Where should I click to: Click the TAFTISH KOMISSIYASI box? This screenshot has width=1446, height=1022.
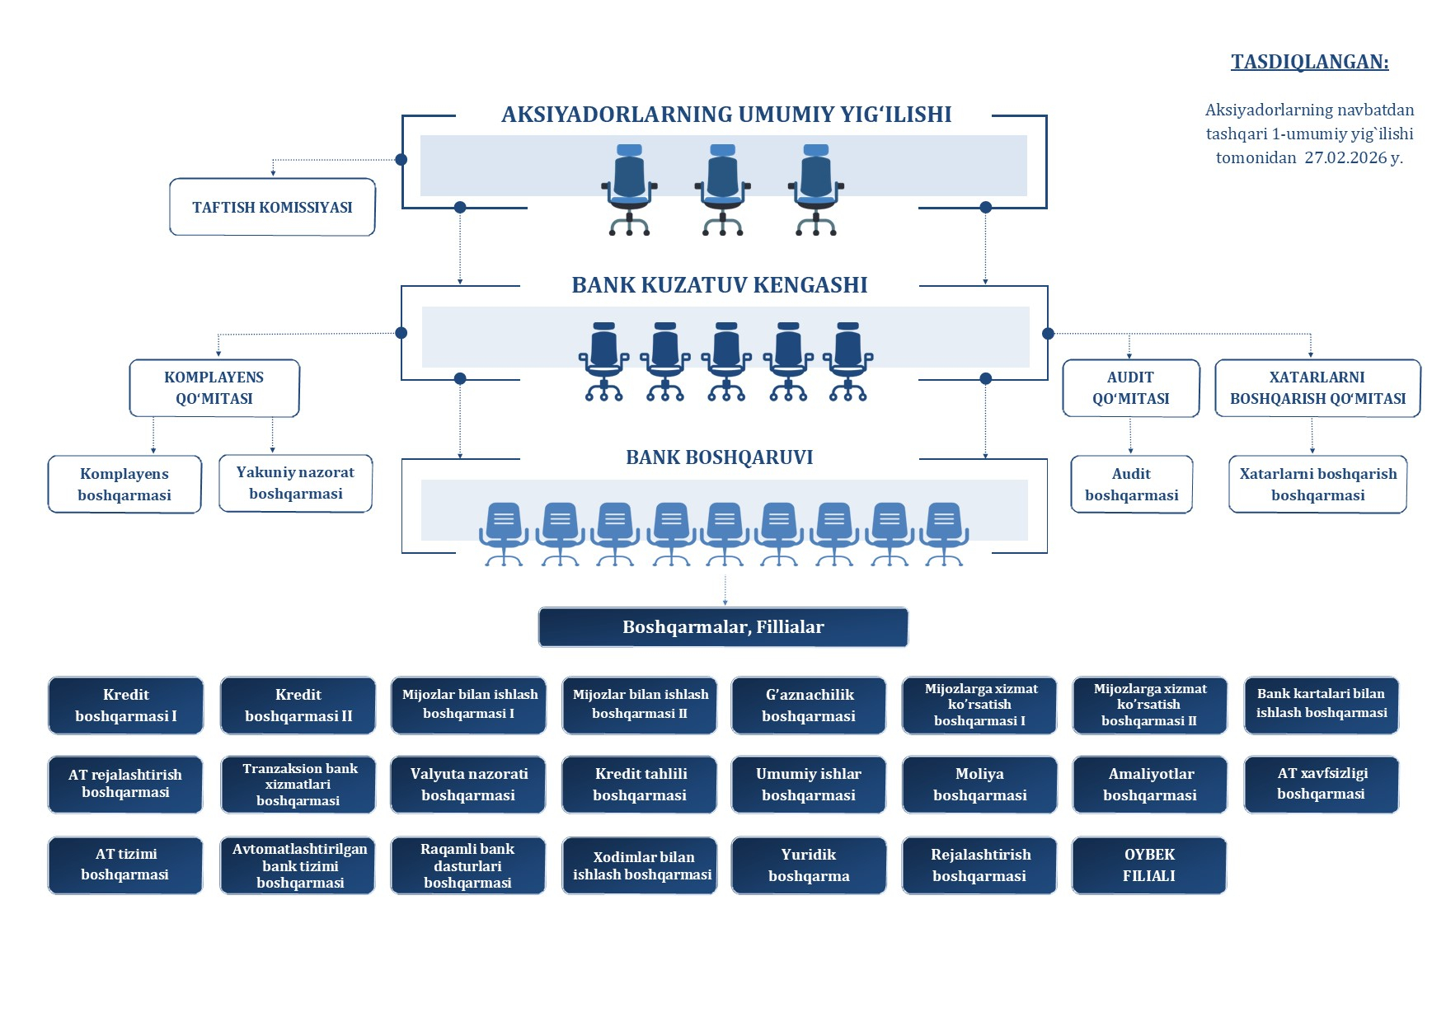[272, 208]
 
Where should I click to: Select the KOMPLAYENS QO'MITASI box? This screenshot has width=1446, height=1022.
[214, 388]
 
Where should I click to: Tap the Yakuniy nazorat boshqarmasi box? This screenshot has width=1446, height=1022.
[295, 484]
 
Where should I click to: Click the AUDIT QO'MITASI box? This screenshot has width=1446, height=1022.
[1130, 388]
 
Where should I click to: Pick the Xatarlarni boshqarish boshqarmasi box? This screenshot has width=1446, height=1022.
[1317, 485]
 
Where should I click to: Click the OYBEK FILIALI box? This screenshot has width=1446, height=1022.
[1148, 865]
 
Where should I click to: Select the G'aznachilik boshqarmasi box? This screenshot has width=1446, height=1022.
[808, 706]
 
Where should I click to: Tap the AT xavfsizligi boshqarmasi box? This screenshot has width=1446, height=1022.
[1321, 784]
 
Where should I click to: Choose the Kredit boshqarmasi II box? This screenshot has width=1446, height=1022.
[298, 706]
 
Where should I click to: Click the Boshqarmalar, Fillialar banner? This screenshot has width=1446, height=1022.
[723, 627]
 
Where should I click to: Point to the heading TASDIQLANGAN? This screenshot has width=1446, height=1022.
[1309, 63]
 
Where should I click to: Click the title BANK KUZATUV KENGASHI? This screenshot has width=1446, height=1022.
[719, 285]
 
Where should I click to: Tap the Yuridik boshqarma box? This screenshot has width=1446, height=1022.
[808, 865]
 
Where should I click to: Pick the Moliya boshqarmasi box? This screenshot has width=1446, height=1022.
[979, 785]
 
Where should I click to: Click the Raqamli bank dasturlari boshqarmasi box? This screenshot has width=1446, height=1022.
[467, 865]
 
